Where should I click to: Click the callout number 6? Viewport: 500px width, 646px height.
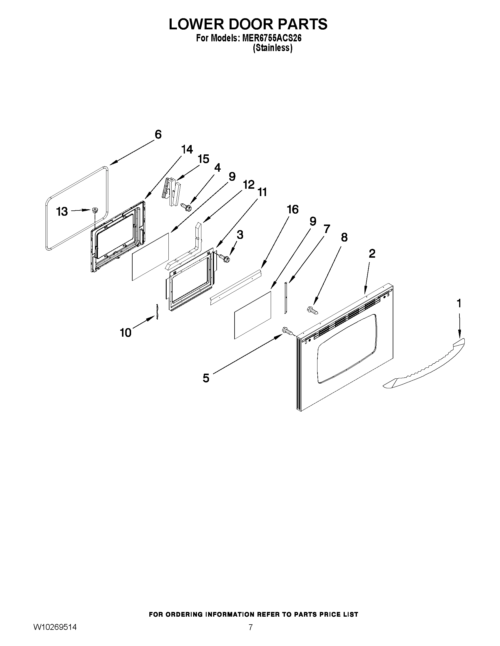click(x=158, y=135)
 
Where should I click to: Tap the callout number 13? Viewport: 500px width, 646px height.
click(x=62, y=212)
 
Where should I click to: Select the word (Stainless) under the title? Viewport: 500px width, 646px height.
click(x=272, y=48)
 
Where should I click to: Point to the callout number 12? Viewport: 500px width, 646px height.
click(x=248, y=185)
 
